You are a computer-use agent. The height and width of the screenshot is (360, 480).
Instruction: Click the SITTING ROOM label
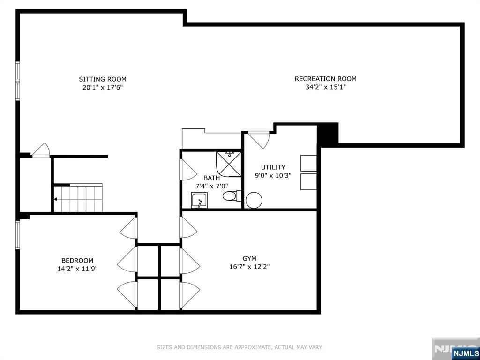click(103, 79)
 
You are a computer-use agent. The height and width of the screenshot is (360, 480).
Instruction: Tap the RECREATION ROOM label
click(325, 79)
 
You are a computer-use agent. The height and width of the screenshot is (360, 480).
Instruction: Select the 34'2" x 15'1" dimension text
click(325, 87)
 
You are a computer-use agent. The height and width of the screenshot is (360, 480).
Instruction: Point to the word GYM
click(249, 258)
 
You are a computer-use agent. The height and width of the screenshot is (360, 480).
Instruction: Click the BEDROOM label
click(77, 261)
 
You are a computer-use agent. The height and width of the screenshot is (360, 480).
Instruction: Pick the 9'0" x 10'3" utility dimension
click(273, 175)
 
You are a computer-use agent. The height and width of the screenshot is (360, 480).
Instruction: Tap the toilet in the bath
click(232, 195)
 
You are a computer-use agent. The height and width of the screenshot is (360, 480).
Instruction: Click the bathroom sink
click(199, 200)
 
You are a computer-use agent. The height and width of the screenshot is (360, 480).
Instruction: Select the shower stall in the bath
click(229, 164)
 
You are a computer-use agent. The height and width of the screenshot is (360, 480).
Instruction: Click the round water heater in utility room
click(254, 200)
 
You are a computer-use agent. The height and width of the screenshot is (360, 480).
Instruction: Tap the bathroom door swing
click(188, 170)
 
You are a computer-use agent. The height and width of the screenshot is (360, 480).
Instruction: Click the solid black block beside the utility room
click(328, 134)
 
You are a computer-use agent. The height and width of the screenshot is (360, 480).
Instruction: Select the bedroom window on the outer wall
click(18, 235)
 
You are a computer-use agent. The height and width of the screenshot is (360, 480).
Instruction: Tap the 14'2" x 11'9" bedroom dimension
click(77, 269)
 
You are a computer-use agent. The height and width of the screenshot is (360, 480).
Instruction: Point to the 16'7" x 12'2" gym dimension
click(249, 267)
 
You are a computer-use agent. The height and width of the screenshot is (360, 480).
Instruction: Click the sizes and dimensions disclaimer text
click(240, 347)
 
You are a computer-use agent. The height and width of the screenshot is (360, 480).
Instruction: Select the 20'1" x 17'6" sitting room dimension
click(103, 88)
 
